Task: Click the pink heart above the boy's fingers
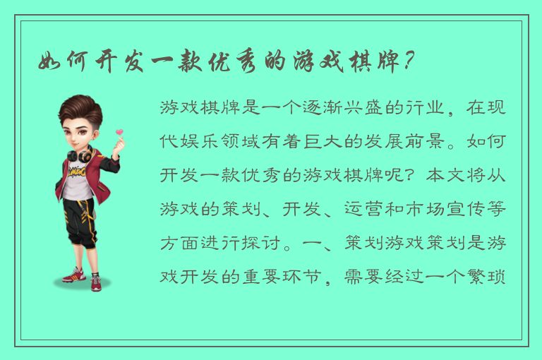119,132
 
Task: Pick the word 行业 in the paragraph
427,108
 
